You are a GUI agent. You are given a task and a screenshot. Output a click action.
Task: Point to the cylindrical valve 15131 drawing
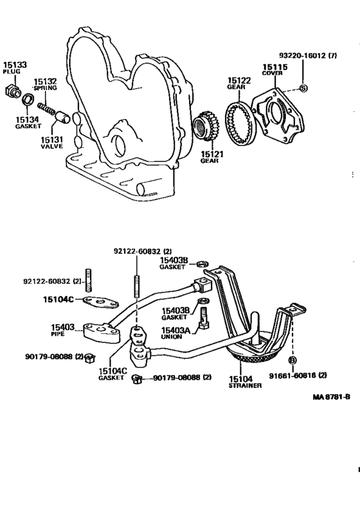tap(63, 118)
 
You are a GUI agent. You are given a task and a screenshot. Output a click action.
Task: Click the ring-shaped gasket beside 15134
tap(28, 100)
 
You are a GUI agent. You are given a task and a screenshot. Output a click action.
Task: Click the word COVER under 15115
tap(270, 73)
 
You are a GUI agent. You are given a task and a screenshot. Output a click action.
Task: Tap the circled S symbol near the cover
tap(304, 87)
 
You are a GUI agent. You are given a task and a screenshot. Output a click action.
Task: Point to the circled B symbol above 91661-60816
tap(292, 360)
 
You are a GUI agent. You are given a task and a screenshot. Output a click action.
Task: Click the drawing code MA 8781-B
tap(331, 396)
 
